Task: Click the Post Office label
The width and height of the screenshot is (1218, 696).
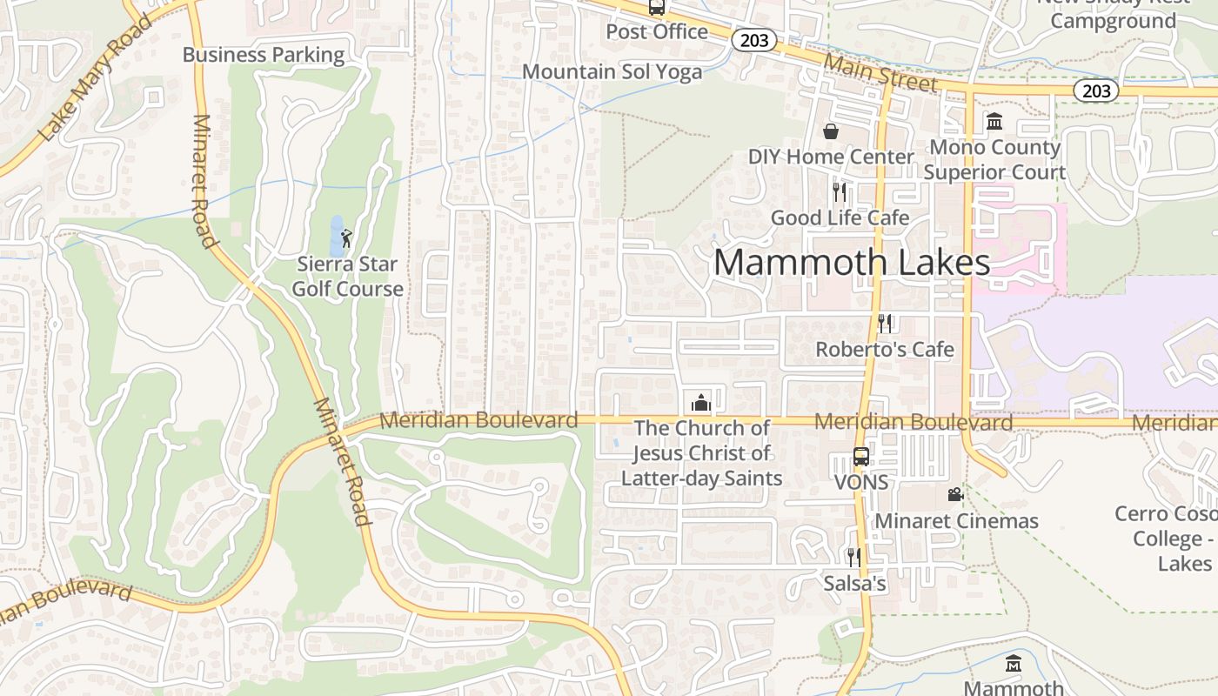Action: coord(657,32)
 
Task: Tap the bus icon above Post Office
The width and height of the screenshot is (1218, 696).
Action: coord(657,8)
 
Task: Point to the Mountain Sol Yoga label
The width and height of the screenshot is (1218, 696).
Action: coord(612,72)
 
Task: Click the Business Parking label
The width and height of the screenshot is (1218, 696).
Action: coord(263,55)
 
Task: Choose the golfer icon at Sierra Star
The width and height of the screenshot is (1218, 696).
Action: coord(347,238)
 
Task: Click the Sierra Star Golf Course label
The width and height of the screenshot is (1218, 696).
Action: coord(347,277)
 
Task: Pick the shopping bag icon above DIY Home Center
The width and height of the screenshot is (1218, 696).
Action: coord(831,131)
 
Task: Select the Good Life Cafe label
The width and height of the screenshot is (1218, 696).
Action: coord(840,217)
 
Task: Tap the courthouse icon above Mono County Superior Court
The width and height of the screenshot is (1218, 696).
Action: coord(994,121)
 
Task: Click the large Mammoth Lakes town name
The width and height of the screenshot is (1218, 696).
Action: coord(852,263)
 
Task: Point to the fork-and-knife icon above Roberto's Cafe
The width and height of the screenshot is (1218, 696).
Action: coord(885,324)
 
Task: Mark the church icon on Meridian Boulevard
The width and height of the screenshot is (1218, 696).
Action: coord(700,402)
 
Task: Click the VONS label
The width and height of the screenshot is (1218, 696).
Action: coord(861,482)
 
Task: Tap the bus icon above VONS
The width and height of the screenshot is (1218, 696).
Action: coord(860,457)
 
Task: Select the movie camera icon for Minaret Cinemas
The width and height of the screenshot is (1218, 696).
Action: coord(955,495)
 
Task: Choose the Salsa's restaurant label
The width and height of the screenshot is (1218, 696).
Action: coord(854,583)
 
